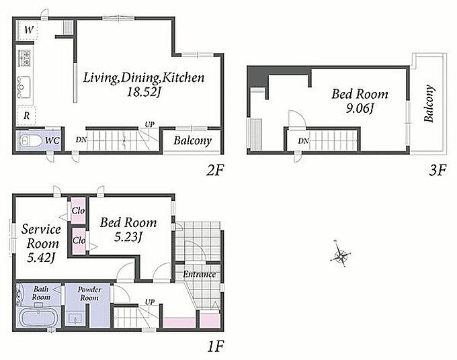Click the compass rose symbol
tap(341, 255)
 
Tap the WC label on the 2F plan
tap(52, 140)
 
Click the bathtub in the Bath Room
tap(38, 318)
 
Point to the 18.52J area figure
tap(144, 92)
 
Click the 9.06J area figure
tap(360, 109)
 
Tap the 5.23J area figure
tap(128, 237)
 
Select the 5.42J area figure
tap(41, 257)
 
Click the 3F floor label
tap(438, 171)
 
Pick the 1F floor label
tap(216, 347)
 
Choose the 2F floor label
tap(215, 171)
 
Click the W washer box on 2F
tap(28, 30)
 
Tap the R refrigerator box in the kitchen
tap(26, 116)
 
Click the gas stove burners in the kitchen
tap(25, 58)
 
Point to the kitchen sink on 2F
tap(24, 86)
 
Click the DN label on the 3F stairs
tap(303, 141)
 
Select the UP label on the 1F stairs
tap(149, 302)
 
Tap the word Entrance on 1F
tap(200, 274)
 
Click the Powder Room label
tap(89, 294)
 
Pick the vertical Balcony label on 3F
tap(429, 103)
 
